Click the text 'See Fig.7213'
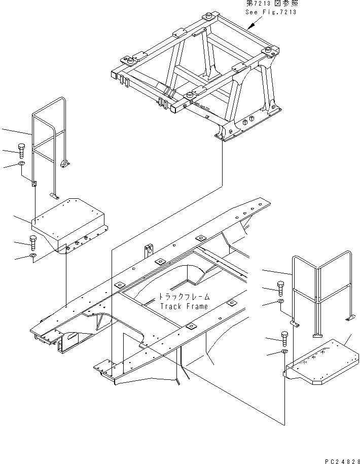pyautogui.click(x=271, y=12)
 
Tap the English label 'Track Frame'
pyautogui.click(x=184, y=306)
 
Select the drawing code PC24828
pyautogui.click(x=342, y=461)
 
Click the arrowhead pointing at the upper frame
pyautogui.click(x=251, y=26)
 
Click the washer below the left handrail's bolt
pyautogui.click(x=21, y=164)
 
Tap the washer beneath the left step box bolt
pyautogui.click(x=33, y=256)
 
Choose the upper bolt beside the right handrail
pyautogui.click(x=281, y=289)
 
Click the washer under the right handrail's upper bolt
pyautogui.click(x=281, y=301)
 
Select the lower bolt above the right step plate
pyautogui.click(x=284, y=339)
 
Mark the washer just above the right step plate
pyautogui.click(x=284, y=351)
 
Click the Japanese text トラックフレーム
pyautogui.click(x=184, y=297)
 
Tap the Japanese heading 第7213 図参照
pyautogui.click(x=272, y=4)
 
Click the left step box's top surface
pyautogui.click(x=68, y=219)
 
